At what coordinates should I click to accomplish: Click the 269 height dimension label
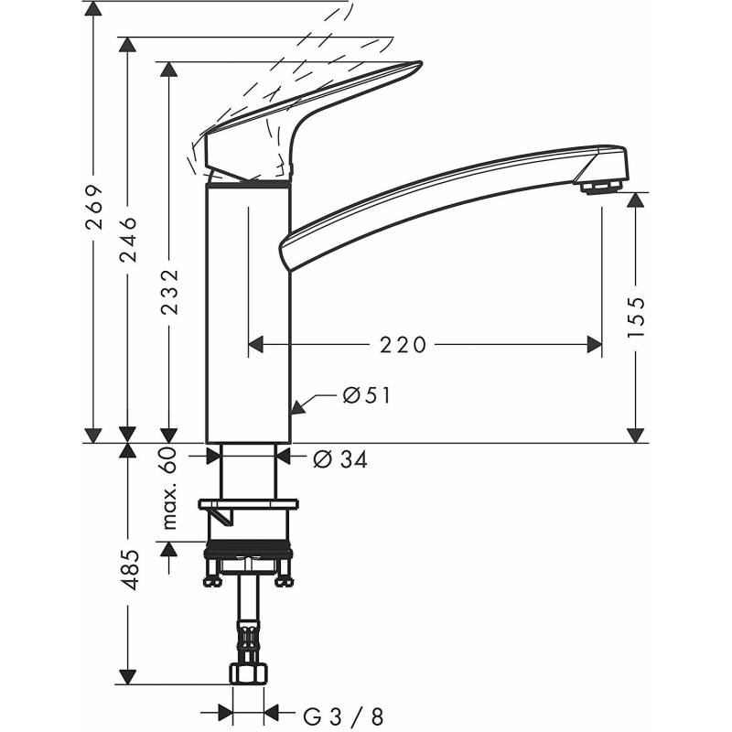click(x=94, y=207)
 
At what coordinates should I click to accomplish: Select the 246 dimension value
click(x=127, y=239)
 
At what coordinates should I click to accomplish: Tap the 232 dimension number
click(x=169, y=292)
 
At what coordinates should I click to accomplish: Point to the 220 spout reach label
click(x=403, y=345)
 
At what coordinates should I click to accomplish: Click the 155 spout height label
click(x=635, y=317)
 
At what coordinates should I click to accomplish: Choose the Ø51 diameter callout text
click(x=367, y=396)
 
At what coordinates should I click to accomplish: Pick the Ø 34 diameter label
click(x=340, y=459)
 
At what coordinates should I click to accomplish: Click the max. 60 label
click(x=169, y=488)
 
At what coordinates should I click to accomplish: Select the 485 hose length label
click(x=127, y=570)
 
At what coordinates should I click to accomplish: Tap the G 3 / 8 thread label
click(x=343, y=716)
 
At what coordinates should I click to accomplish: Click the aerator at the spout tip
click(x=601, y=186)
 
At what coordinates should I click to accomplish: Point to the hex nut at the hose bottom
click(x=249, y=674)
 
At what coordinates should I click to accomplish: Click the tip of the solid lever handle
click(x=421, y=63)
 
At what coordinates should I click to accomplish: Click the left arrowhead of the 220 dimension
click(x=255, y=345)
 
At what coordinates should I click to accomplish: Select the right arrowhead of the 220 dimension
click(x=594, y=345)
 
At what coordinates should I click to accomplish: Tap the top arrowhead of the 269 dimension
click(x=94, y=9)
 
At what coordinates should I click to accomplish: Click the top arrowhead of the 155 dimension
click(x=635, y=200)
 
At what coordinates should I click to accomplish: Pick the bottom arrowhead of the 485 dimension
click(x=127, y=677)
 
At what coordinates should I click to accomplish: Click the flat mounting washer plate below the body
click(x=249, y=504)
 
